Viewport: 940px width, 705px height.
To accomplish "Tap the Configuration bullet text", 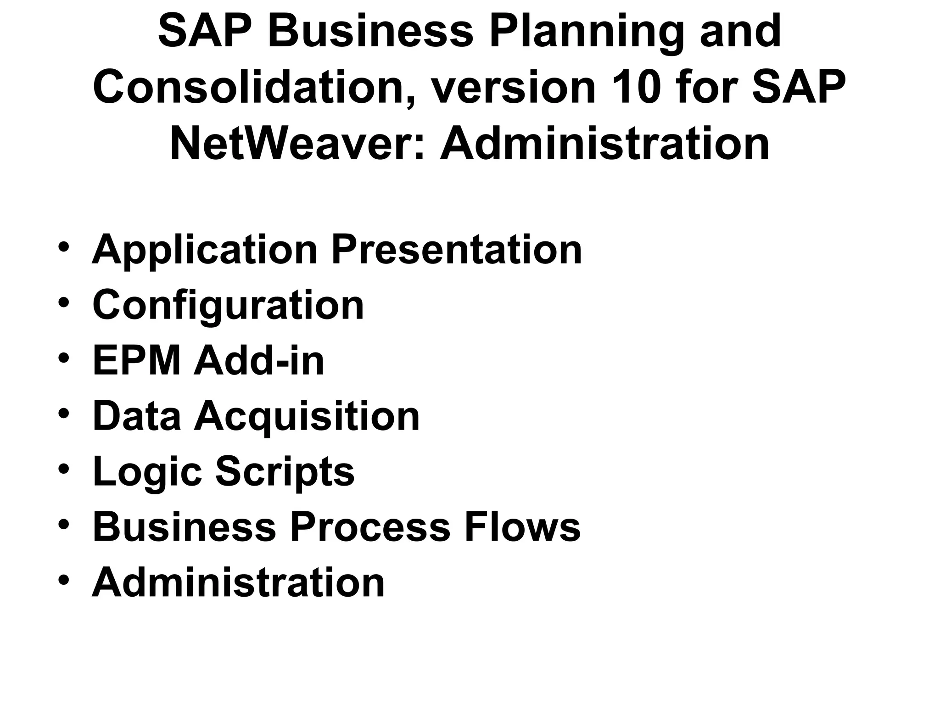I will click(x=228, y=306).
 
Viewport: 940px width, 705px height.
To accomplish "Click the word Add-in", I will click(x=259, y=361).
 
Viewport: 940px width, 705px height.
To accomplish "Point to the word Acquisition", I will click(x=307, y=416).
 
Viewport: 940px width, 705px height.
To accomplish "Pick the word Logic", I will click(x=147, y=472).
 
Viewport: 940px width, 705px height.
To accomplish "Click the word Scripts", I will click(x=285, y=472).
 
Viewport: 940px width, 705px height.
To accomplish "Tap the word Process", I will click(x=370, y=527).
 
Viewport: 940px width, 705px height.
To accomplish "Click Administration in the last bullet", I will click(x=238, y=582).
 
